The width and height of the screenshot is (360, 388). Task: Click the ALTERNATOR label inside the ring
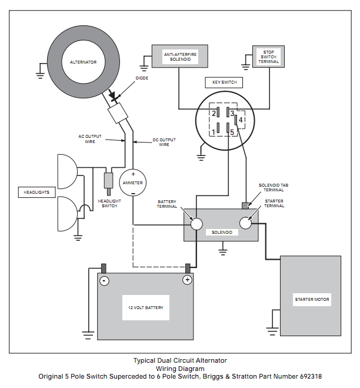84,61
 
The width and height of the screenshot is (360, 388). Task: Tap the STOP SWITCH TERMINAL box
269,56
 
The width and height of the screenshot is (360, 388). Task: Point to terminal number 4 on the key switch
241,120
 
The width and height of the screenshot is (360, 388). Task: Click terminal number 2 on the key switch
214,112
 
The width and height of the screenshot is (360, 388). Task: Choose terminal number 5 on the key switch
232,132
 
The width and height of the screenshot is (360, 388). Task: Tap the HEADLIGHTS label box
36,193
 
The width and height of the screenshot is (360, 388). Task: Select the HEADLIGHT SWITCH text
109,203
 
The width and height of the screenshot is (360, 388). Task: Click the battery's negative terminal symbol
104,280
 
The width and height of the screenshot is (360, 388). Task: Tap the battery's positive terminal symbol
187,280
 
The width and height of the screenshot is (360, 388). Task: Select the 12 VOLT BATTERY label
146,307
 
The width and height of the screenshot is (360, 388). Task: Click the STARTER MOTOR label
312,300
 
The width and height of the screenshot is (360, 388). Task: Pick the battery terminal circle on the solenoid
195,223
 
